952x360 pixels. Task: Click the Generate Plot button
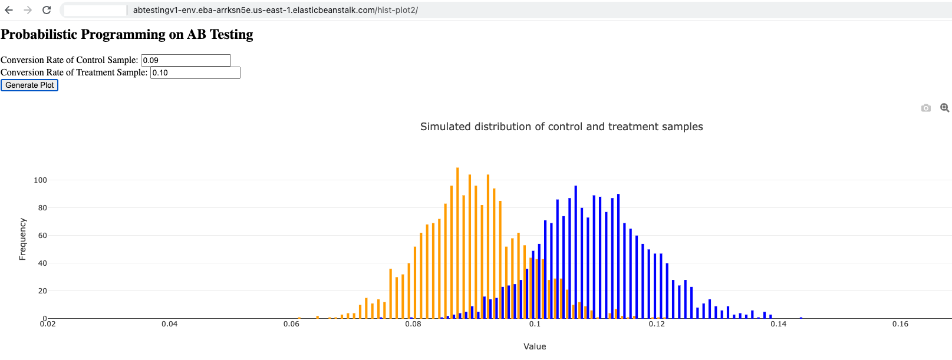pyautogui.click(x=29, y=85)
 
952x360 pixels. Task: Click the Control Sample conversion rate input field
pyautogui.click(x=186, y=60)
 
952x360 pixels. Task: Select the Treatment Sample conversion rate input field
pyautogui.click(x=195, y=72)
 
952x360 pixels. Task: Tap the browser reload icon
pyautogui.click(x=47, y=10)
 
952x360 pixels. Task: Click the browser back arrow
pyautogui.click(x=9, y=10)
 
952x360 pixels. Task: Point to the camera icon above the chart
pyautogui.click(x=925, y=108)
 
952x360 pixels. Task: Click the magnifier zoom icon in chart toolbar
pyautogui.click(x=944, y=108)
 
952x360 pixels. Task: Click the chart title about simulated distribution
pyautogui.click(x=561, y=127)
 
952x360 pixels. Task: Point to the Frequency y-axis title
pyautogui.click(x=22, y=239)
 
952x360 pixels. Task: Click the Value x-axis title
pyautogui.click(x=535, y=346)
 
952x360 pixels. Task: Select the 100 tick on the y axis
pyautogui.click(x=40, y=180)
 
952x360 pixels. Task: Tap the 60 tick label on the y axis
pyautogui.click(x=42, y=236)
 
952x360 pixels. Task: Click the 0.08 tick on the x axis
pyautogui.click(x=413, y=324)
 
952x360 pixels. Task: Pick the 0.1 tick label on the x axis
pyautogui.click(x=535, y=324)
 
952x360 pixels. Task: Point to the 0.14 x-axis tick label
pyautogui.click(x=779, y=324)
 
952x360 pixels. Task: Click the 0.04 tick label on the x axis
pyautogui.click(x=170, y=324)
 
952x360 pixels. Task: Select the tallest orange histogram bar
pyautogui.click(x=457, y=243)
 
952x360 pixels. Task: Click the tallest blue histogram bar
pyautogui.click(x=575, y=252)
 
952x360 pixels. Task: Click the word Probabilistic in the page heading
pyautogui.click(x=39, y=34)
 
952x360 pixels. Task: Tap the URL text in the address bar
pyautogui.click(x=275, y=10)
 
